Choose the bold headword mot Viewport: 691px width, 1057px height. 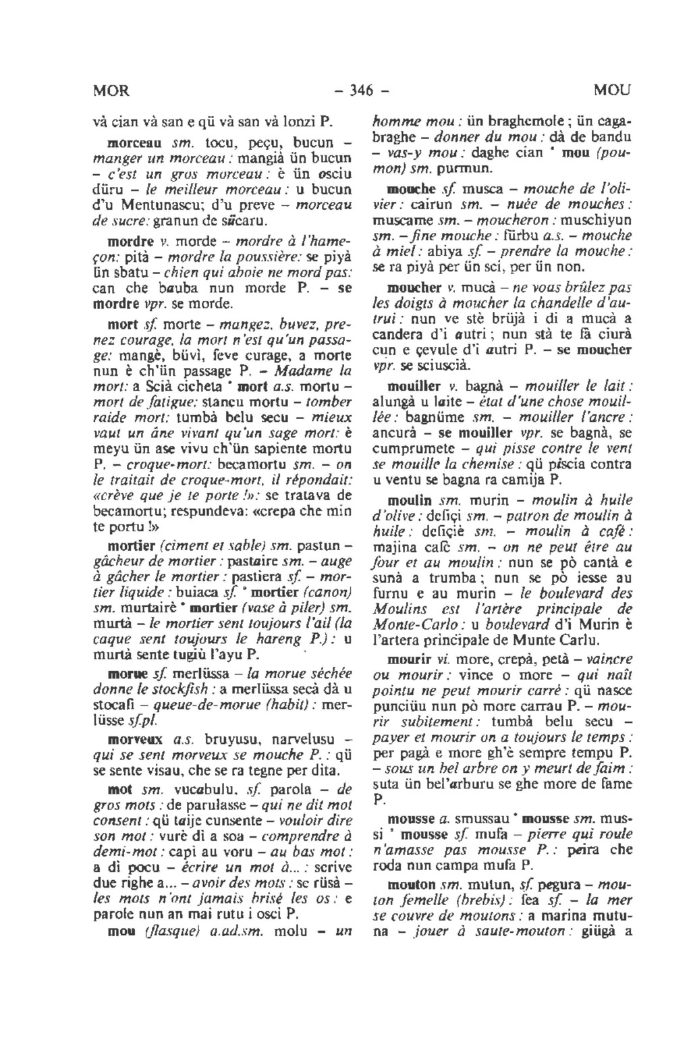tap(119, 788)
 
